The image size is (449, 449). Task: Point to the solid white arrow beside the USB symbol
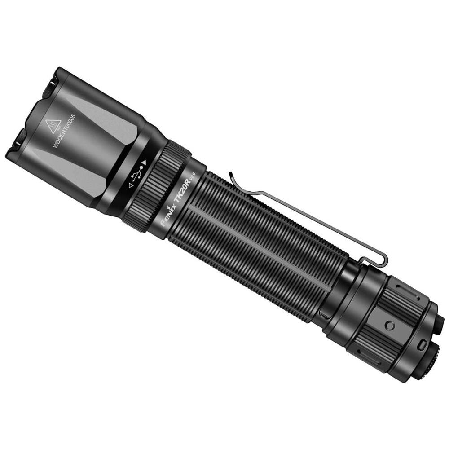pyautogui.click(x=144, y=163)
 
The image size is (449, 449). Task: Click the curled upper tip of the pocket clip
pyautogui.click(x=230, y=175)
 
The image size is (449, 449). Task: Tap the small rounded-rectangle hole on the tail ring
pyautogui.click(x=421, y=345)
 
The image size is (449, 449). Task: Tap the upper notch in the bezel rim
pyautogui.click(x=50, y=82)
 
